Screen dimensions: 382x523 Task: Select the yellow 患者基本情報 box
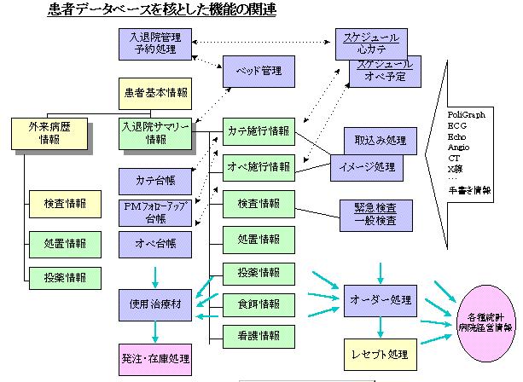(x=154, y=92)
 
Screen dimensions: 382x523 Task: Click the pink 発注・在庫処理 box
(x=154, y=356)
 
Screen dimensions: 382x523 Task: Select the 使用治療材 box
(x=154, y=304)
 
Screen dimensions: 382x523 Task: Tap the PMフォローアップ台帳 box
(x=154, y=211)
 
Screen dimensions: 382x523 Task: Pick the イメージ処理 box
(x=367, y=166)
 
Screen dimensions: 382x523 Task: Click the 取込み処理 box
(x=375, y=139)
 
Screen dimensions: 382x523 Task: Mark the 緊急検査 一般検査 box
(x=368, y=212)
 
